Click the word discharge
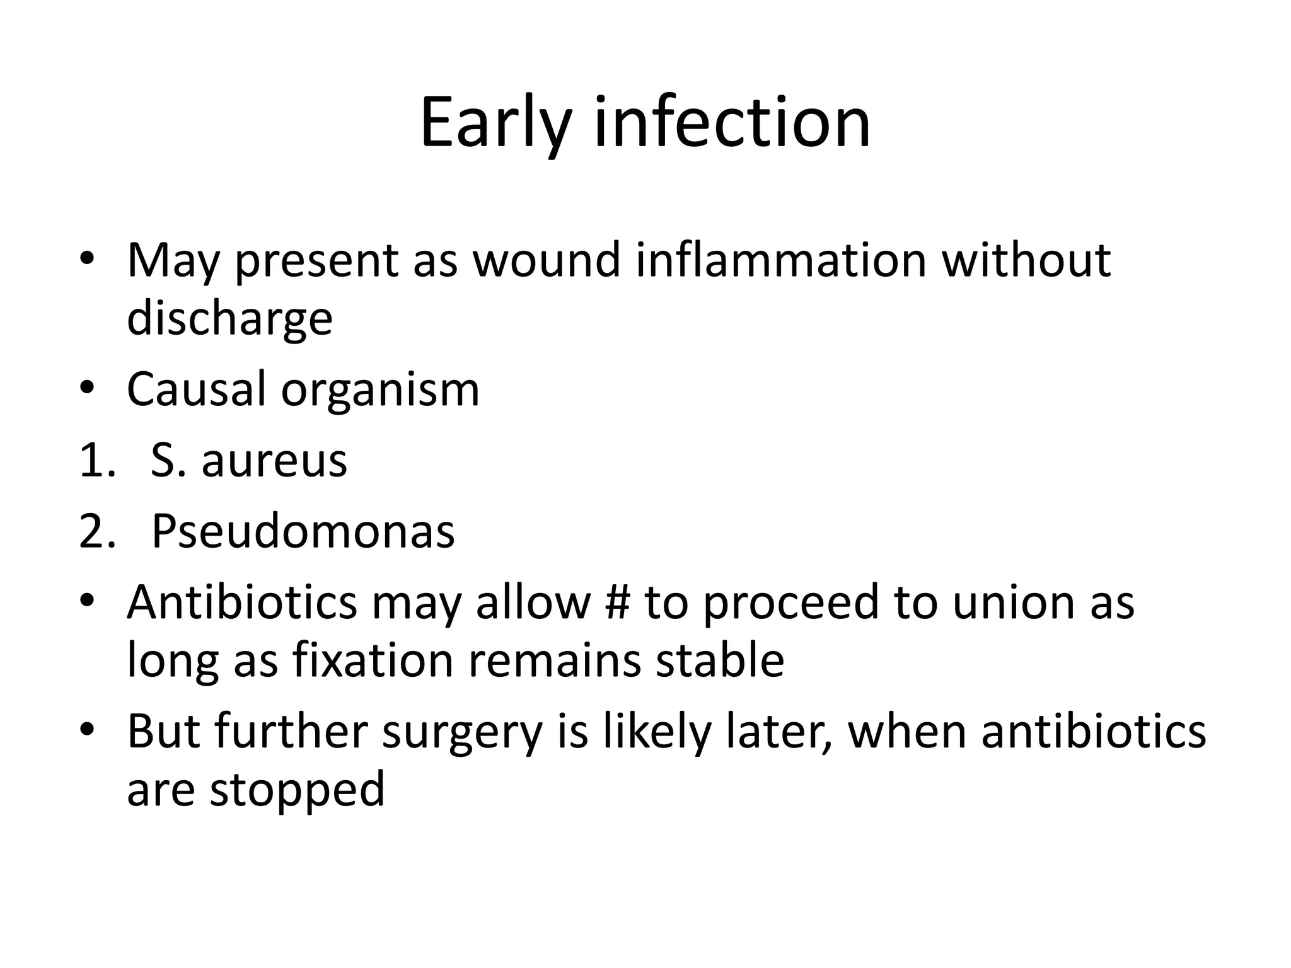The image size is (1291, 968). pyautogui.click(x=229, y=319)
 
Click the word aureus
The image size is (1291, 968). pyautogui.click(x=274, y=461)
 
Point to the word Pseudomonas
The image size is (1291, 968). pyautogui.click(x=303, y=531)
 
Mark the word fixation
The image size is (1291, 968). pyautogui.click(x=372, y=660)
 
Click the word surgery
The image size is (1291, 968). pyautogui.click(x=462, y=733)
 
